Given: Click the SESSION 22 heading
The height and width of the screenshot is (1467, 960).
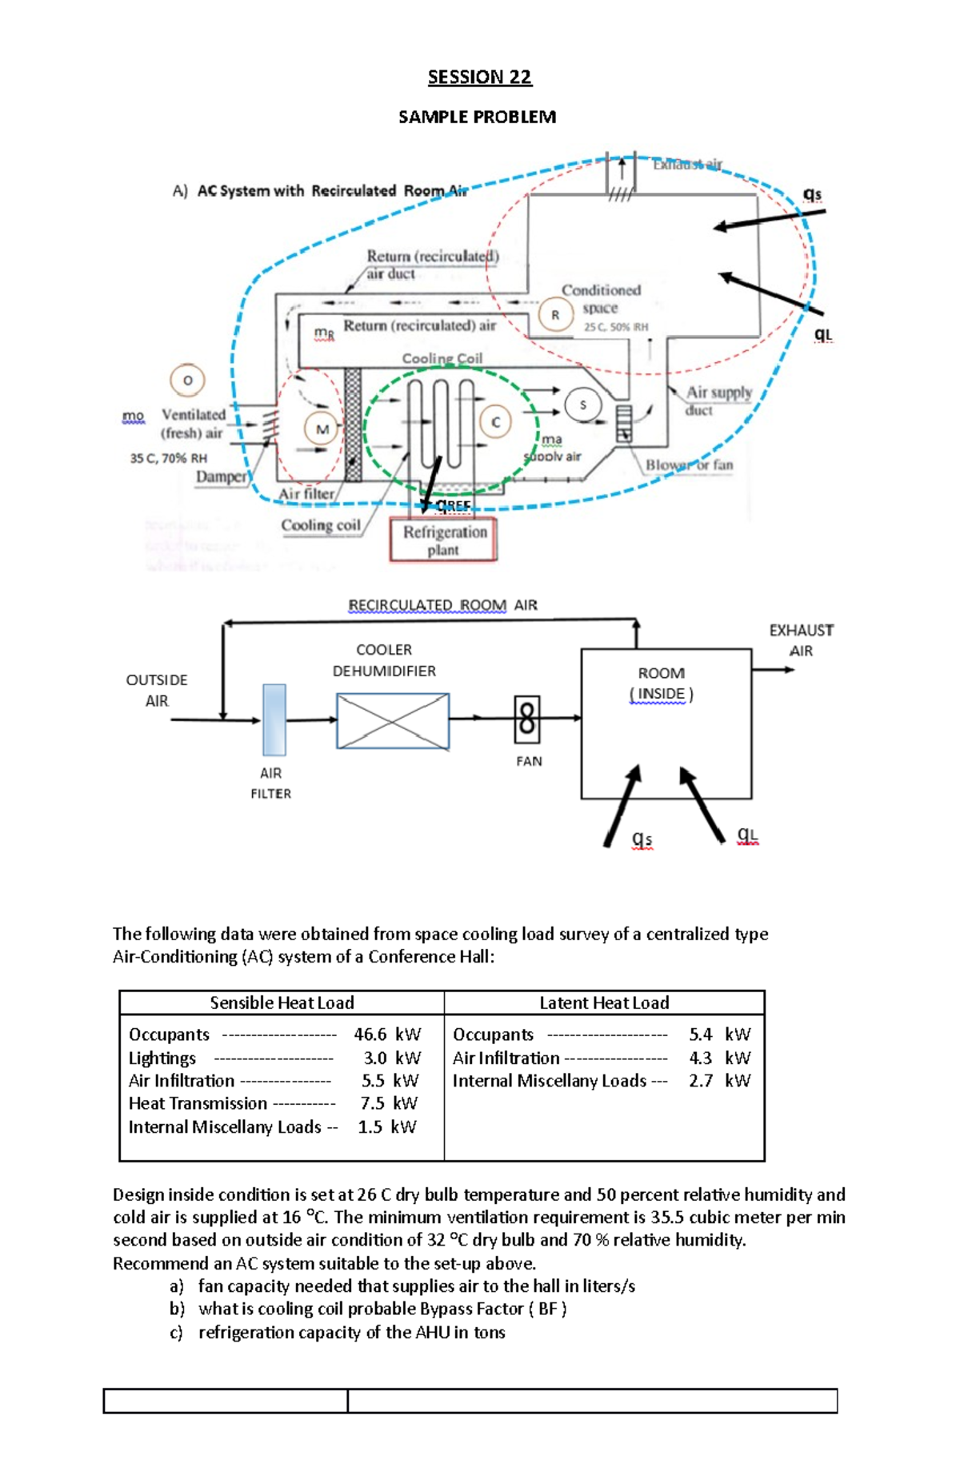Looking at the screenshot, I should [x=479, y=77].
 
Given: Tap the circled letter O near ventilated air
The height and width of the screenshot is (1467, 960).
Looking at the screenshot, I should [x=188, y=381].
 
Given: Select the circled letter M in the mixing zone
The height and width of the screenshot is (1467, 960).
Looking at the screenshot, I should [x=322, y=429].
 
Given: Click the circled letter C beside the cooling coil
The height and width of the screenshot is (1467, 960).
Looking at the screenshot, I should [x=496, y=422].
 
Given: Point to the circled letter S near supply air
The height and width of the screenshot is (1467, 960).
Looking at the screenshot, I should [x=582, y=405].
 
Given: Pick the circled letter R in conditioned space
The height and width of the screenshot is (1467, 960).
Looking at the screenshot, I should [x=555, y=315].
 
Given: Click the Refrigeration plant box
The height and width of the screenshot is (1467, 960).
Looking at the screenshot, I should [x=443, y=540].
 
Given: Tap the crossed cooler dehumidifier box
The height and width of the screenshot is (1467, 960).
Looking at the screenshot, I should [x=392, y=720].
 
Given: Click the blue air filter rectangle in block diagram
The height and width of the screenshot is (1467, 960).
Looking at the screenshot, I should [x=274, y=720].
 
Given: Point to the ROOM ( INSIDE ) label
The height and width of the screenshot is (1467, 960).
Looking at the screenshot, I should [x=661, y=684].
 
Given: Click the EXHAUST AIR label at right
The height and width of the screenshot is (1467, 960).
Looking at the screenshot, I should [x=801, y=640].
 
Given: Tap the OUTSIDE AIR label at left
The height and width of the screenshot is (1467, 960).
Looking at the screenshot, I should [x=157, y=690].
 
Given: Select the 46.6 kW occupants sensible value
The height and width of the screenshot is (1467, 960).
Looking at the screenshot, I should [x=387, y=1034].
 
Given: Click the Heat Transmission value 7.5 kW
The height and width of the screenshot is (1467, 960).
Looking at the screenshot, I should [x=389, y=1103].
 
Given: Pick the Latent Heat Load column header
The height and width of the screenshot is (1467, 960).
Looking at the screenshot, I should [x=604, y=1003].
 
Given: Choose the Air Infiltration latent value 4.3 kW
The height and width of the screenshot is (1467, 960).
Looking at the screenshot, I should [x=719, y=1058].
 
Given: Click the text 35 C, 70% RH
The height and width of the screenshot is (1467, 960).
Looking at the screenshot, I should [x=169, y=458].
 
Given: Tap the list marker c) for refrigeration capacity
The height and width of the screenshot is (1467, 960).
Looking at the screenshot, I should [x=176, y=1333].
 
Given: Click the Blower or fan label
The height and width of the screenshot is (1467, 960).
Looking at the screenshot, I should [x=689, y=464].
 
